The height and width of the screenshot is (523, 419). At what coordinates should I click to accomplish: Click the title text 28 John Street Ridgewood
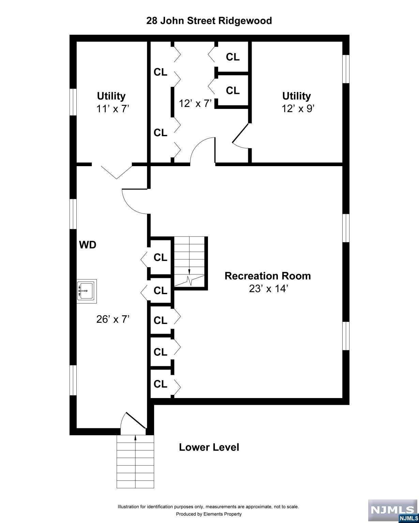click(x=209, y=21)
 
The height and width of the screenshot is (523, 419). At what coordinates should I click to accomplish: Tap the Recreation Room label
click(x=268, y=276)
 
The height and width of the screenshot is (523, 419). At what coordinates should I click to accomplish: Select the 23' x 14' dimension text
click(x=269, y=289)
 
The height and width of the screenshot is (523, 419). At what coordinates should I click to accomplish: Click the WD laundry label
click(x=88, y=245)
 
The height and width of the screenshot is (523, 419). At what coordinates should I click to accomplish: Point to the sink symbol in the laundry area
click(x=87, y=291)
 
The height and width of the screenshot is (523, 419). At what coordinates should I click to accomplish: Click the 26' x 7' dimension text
click(x=113, y=319)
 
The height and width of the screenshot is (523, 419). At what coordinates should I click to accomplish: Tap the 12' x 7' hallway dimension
click(x=195, y=103)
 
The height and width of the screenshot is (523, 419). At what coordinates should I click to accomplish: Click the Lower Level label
click(x=209, y=447)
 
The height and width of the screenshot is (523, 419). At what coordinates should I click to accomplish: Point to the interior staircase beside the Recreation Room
click(x=190, y=262)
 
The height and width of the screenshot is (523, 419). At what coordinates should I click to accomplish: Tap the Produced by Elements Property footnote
click(x=209, y=514)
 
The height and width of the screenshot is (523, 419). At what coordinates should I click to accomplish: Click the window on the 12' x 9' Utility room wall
click(x=346, y=69)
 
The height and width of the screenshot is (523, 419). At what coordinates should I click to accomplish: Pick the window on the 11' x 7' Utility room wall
click(x=73, y=102)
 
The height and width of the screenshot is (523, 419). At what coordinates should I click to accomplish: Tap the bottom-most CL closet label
click(x=160, y=384)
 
